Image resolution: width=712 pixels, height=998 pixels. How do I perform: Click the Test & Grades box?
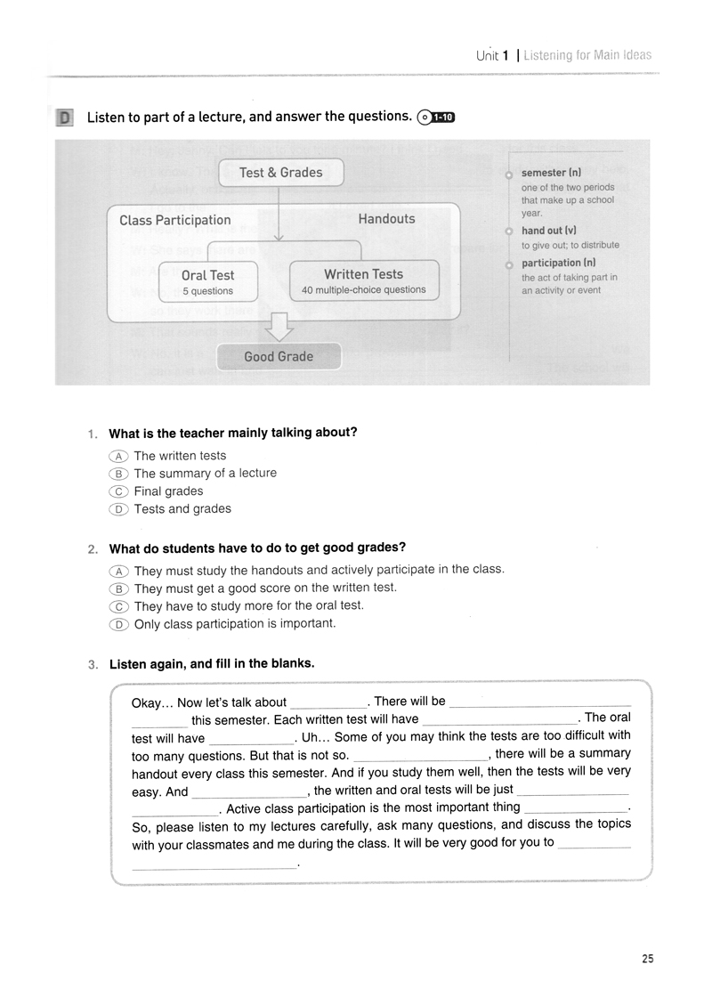(x=280, y=173)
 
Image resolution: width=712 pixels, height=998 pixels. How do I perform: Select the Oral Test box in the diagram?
(x=208, y=282)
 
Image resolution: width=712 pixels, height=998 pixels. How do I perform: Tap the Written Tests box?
(x=363, y=280)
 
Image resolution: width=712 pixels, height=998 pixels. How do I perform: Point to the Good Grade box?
(x=279, y=356)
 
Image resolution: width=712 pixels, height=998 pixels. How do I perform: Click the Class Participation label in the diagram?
(x=174, y=220)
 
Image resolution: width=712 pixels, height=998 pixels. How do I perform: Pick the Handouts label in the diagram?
(x=386, y=218)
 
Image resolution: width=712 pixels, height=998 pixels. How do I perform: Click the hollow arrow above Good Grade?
(x=279, y=326)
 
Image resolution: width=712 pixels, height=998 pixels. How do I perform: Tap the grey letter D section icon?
(x=64, y=118)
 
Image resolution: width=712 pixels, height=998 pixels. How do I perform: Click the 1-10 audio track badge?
(x=436, y=117)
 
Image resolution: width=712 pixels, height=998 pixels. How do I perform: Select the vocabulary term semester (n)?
(x=551, y=173)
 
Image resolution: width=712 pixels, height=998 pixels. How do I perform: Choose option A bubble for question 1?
(x=117, y=456)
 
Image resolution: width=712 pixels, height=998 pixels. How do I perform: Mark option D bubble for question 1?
(x=117, y=509)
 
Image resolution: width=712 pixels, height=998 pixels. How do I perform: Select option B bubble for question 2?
(x=117, y=588)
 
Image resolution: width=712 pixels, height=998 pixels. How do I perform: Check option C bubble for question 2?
(x=117, y=606)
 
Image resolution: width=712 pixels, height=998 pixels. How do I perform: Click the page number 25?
(x=647, y=959)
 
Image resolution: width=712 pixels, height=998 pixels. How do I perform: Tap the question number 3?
(x=93, y=664)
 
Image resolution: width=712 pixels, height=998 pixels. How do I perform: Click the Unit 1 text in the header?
(x=492, y=55)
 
